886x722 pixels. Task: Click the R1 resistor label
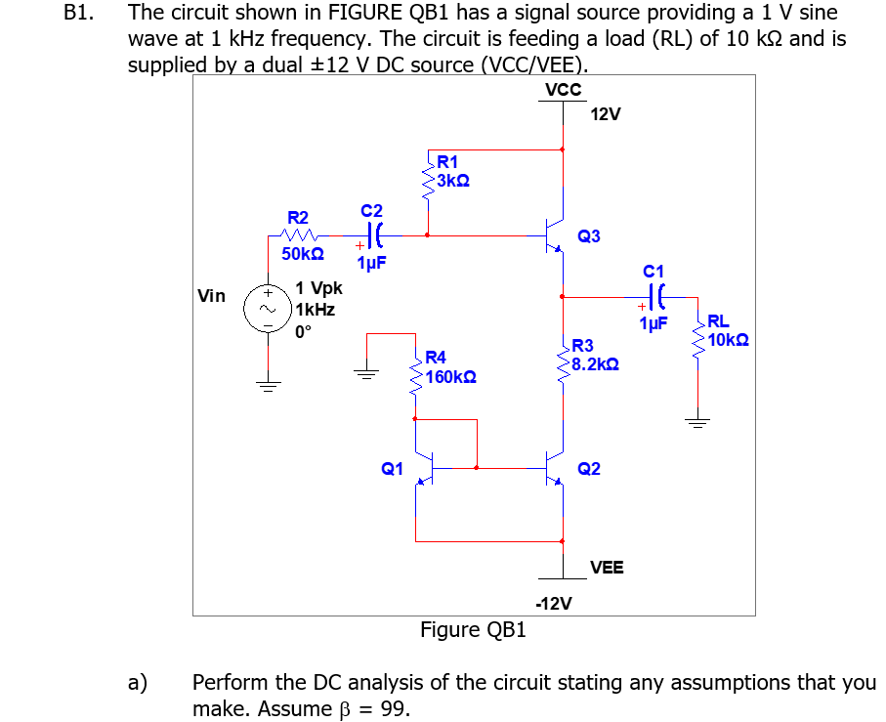coord(448,162)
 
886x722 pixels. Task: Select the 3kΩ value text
coord(453,181)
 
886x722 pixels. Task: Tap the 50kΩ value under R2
coord(303,254)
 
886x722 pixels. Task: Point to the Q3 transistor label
coord(589,236)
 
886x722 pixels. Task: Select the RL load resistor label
coord(717,321)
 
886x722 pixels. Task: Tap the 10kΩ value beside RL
coord(728,340)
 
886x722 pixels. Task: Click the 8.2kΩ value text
coord(593,363)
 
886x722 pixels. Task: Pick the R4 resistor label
coord(436,358)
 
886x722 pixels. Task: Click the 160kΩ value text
coord(450,376)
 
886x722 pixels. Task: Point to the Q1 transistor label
coord(392,469)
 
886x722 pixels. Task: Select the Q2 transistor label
coord(589,469)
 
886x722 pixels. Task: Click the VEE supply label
coord(607,568)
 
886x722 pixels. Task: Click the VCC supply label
coord(564,90)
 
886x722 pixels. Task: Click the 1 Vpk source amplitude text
coord(318,289)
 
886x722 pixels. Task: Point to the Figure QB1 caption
coord(473,630)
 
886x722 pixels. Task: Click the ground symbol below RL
coord(696,422)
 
